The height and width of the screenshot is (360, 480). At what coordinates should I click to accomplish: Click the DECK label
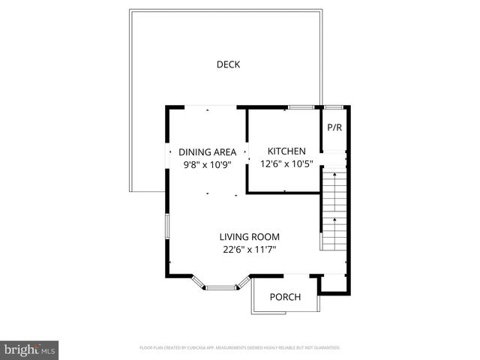coord(228,64)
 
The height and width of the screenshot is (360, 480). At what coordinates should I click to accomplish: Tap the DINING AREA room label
coord(207,152)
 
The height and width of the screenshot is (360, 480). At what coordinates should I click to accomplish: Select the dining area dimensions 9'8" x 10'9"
coord(207,165)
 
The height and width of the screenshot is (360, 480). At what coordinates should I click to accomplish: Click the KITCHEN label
coord(287,151)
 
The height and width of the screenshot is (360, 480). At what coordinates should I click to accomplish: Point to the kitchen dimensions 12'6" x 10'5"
coord(287,164)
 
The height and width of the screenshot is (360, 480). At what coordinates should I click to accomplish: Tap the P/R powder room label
coord(334,127)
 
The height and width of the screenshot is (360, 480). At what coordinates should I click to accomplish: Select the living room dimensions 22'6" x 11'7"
coord(250,250)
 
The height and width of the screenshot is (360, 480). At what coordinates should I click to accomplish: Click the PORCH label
coord(285,297)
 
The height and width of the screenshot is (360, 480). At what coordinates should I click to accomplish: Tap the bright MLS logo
coord(29,349)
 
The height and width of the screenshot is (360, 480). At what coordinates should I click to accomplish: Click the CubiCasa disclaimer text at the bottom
coord(240,348)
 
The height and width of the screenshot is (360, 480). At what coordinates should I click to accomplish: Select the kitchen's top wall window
coord(301,108)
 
